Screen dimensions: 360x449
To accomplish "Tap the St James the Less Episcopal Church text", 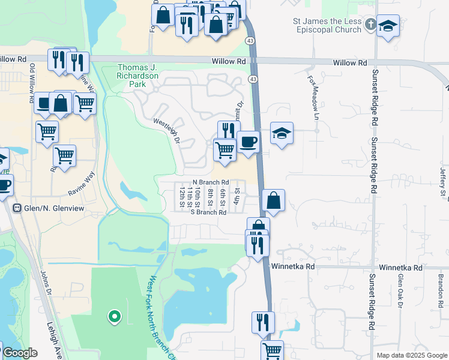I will tap(327, 25).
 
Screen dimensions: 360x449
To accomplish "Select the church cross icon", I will tap(370, 25).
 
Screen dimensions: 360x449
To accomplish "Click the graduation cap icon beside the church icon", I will tap(388, 26).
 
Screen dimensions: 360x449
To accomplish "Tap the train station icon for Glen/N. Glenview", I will tap(17, 208).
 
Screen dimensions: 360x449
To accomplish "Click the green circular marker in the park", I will tap(113, 316).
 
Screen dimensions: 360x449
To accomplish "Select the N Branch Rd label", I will tap(211, 182).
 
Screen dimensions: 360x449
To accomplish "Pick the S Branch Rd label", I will tap(208, 212).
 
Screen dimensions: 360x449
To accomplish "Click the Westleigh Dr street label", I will tap(167, 130).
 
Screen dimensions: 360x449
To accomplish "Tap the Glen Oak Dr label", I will tap(400, 292).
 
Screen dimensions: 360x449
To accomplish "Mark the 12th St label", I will tap(181, 194).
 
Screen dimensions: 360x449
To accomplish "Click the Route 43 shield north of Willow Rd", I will tap(249, 40).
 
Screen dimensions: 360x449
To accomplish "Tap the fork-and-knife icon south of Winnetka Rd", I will tap(262, 321).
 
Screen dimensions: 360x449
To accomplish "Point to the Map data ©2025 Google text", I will tap(411, 355).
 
